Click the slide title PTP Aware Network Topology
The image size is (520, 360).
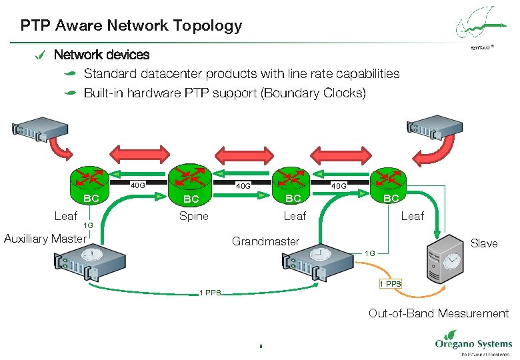(131, 26)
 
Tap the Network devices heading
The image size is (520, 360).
(101, 55)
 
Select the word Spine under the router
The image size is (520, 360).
(193, 216)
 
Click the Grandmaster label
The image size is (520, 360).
(265, 241)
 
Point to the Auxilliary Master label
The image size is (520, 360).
(45, 239)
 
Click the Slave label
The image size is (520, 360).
(484, 243)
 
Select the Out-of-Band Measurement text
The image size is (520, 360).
(438, 313)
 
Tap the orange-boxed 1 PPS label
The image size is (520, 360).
(390, 284)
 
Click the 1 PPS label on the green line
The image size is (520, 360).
(211, 293)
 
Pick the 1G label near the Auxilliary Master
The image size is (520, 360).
(88, 226)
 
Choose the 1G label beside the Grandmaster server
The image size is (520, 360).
(370, 253)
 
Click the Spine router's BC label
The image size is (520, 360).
(191, 199)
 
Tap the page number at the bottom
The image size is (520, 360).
(261, 346)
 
